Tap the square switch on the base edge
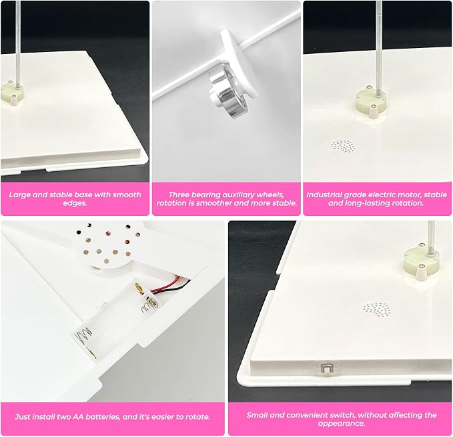[x=326, y=368]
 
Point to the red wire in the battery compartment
[x=169, y=285]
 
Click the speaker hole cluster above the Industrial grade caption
[x=343, y=146]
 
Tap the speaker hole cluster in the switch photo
[x=378, y=310]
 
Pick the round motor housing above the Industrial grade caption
[x=371, y=102]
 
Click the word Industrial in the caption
[x=324, y=195]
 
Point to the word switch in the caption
[x=342, y=415]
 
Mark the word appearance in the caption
[x=342, y=424]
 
